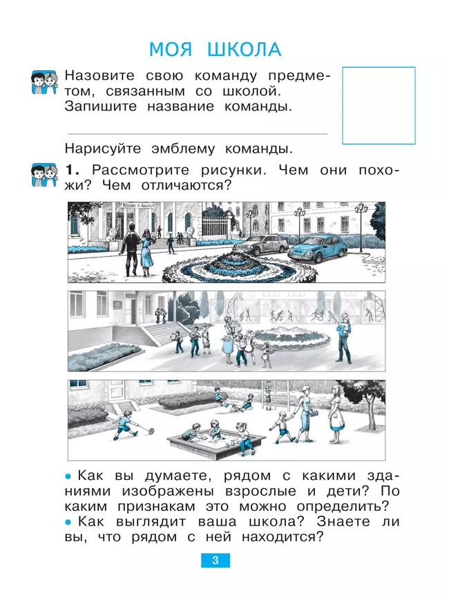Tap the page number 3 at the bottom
(216, 561)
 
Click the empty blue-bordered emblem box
(379, 105)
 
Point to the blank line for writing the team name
(196, 133)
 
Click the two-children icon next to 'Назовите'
(44, 83)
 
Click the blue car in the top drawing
(316, 247)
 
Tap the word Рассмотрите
(142, 170)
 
